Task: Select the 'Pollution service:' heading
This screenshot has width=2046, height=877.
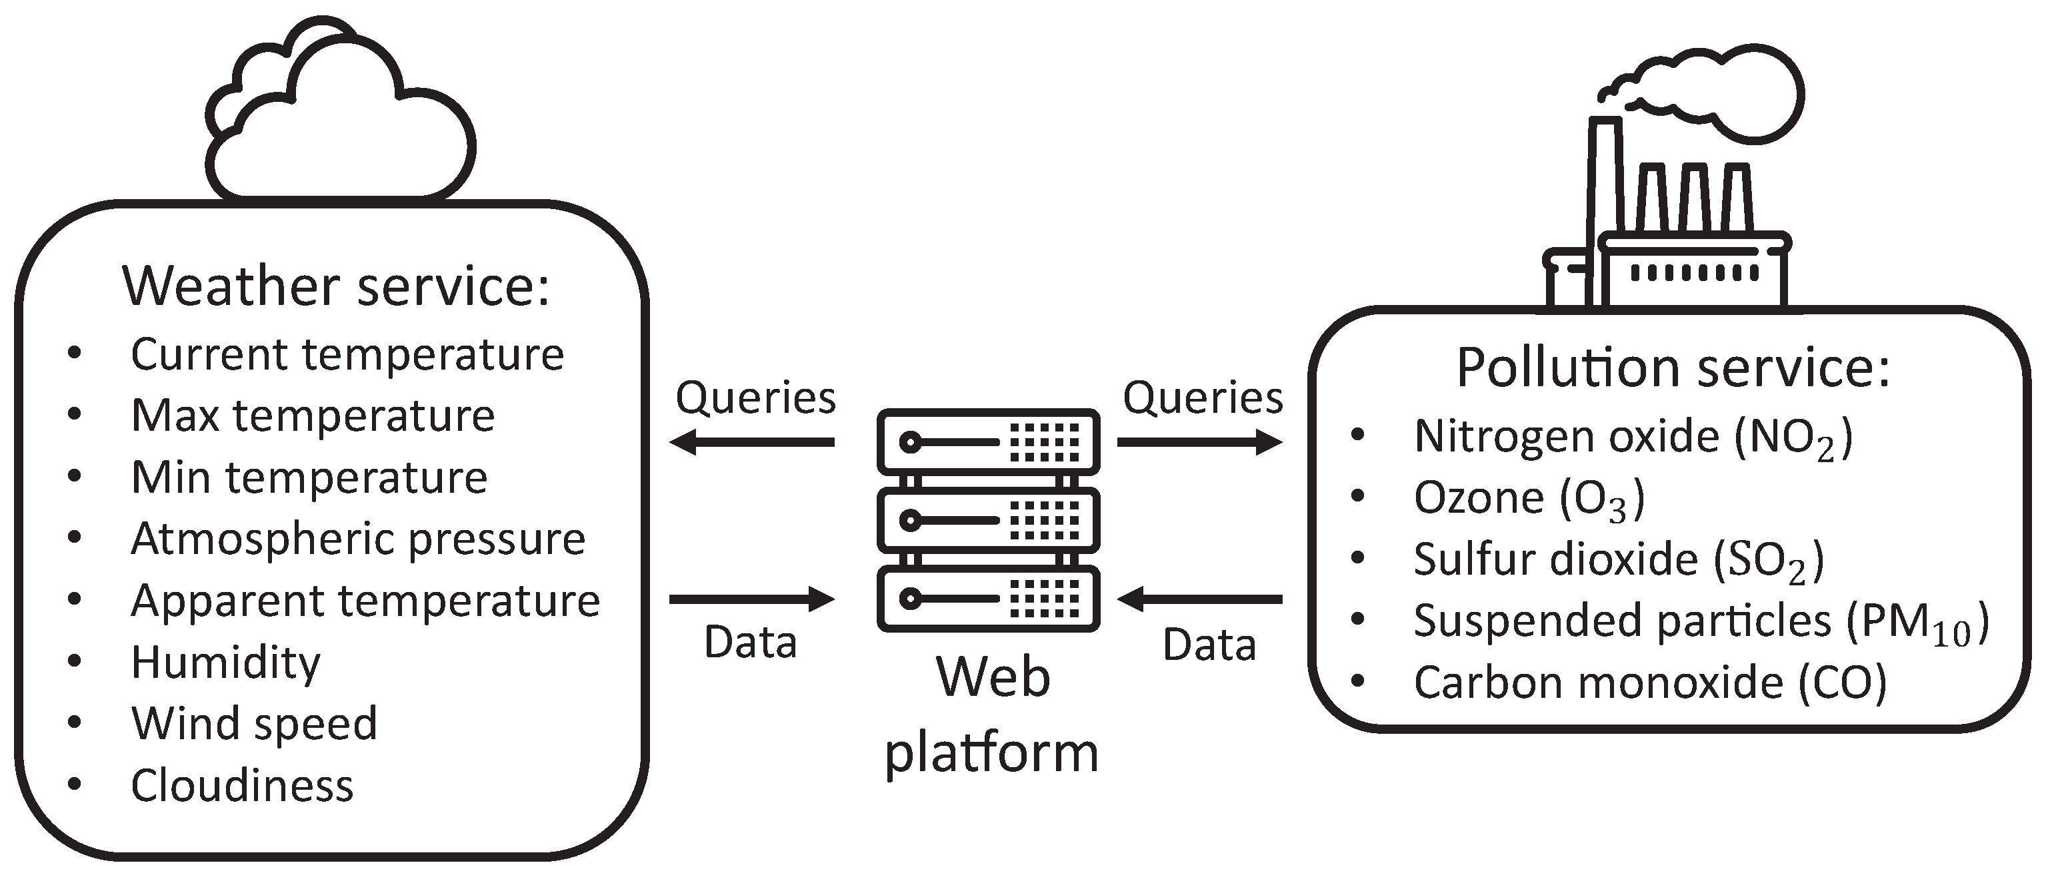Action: tap(1673, 368)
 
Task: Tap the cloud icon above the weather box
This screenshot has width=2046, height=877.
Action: tap(341, 119)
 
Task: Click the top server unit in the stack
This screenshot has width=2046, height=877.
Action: tap(988, 442)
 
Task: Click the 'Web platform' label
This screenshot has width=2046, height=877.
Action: tap(992, 715)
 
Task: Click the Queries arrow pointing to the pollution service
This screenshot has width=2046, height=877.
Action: tap(1199, 442)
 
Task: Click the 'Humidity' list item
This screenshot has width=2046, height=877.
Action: tap(225, 663)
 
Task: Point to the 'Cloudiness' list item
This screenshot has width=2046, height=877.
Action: tap(241, 786)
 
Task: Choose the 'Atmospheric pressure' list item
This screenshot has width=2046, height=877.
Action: tap(357, 539)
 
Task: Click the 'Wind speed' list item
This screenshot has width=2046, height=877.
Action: tap(254, 724)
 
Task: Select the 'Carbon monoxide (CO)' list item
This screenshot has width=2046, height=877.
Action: tap(1650, 683)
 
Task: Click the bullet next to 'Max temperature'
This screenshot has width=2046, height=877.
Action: tap(75, 414)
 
